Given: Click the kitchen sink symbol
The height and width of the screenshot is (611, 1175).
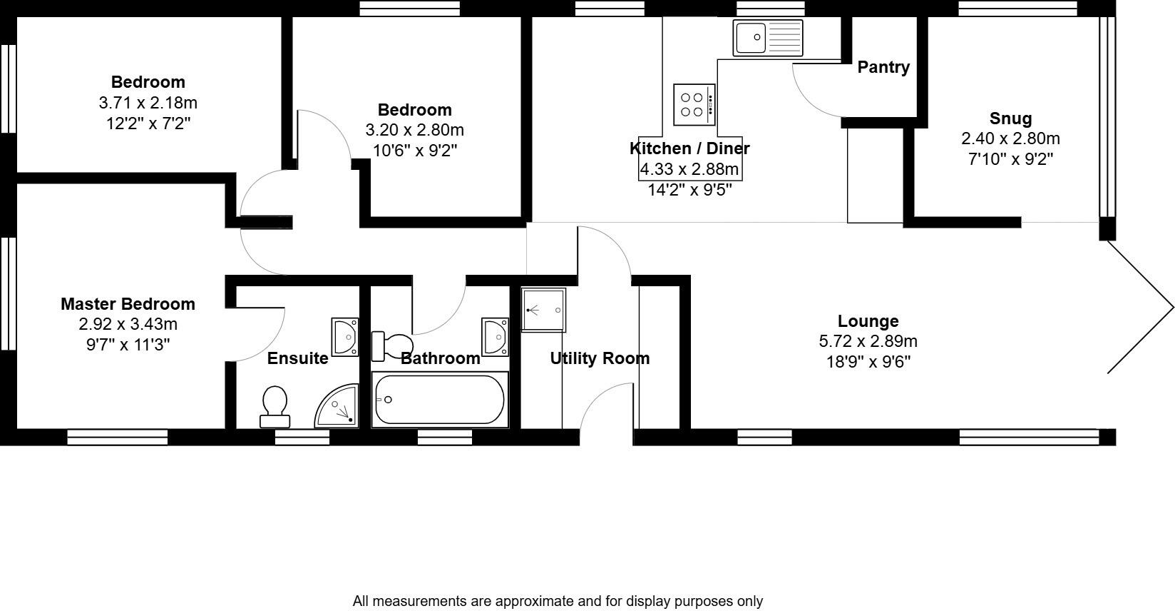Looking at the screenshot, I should coord(768,37).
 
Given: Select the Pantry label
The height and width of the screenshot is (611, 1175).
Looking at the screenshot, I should coord(883,67).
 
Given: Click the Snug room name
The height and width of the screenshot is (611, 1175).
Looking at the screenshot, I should coord(1010,118).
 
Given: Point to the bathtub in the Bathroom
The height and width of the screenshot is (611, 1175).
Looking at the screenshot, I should coord(440,400).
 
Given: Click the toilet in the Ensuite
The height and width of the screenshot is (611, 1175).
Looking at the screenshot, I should coord(274,406).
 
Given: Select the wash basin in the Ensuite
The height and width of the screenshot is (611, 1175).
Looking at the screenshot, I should coord(345,336).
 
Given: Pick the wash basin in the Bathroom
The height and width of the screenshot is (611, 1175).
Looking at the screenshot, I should coord(495,335).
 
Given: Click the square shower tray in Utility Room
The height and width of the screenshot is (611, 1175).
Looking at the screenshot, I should coord(543,310).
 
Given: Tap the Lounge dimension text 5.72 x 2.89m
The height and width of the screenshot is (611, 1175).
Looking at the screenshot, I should coord(868,341).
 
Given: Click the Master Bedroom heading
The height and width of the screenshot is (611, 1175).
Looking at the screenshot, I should coord(128,304).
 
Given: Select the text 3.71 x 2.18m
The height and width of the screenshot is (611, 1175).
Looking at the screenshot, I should coord(148,103).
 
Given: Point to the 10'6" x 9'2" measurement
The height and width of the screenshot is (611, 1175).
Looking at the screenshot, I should coord(414,151).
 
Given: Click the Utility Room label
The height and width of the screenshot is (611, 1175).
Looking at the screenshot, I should coord(600,358).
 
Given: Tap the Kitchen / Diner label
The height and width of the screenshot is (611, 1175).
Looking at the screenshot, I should coord(689,148).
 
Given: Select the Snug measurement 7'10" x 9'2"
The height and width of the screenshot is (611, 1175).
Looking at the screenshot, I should coord(1010,158).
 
